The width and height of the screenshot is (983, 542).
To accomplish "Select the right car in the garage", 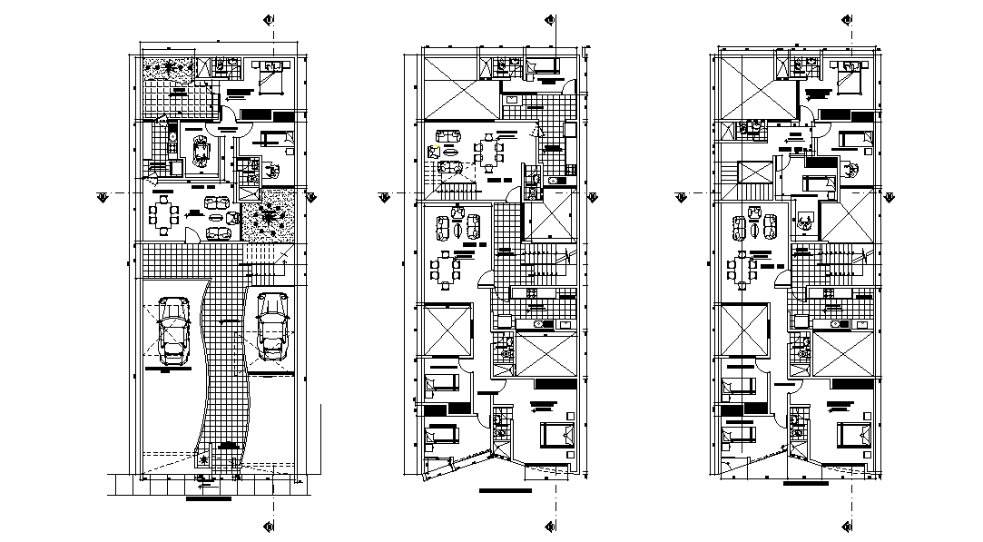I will (271, 324).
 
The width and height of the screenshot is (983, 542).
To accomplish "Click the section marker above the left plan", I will (269, 20).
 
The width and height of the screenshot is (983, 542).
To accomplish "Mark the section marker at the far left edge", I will (103, 195).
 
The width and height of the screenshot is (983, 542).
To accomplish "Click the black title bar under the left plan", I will (208, 498).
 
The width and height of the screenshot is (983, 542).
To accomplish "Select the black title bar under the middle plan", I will (505, 491).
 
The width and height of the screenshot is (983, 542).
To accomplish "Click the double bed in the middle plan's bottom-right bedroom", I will (556, 436).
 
